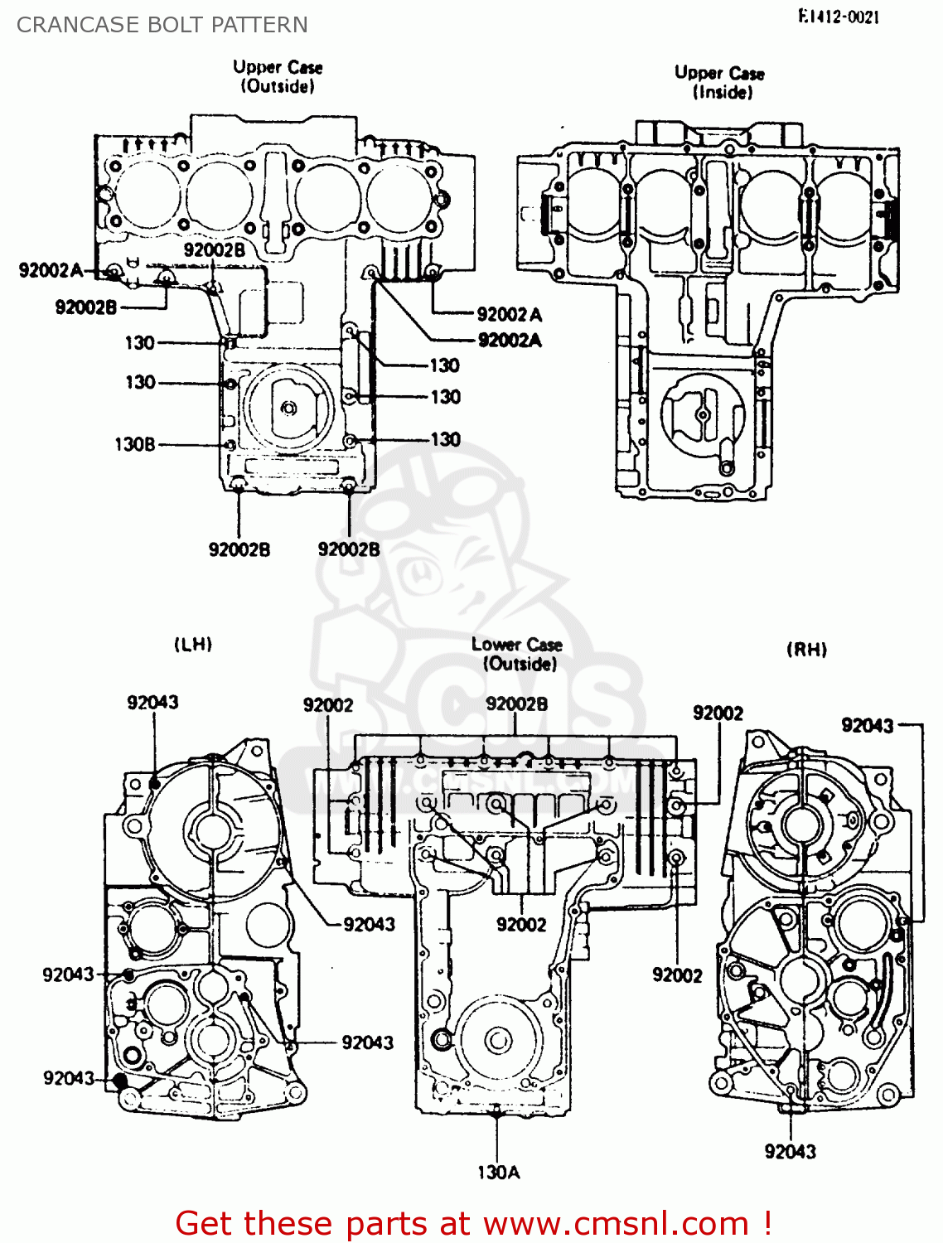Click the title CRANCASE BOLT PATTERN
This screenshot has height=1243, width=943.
click(162, 25)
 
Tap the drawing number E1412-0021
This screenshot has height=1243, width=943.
click(839, 17)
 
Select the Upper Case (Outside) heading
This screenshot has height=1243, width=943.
click(278, 76)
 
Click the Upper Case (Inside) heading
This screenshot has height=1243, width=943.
click(719, 82)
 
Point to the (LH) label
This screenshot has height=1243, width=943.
click(193, 644)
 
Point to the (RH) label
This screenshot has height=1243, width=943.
click(806, 650)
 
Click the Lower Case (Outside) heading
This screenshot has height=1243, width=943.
click(517, 654)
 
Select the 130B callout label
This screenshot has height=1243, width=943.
click(134, 445)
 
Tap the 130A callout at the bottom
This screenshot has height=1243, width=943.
click(498, 1172)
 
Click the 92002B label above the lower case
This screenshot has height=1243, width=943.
click(516, 704)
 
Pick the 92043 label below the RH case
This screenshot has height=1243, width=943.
click(790, 1151)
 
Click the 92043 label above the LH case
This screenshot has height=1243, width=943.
click(152, 703)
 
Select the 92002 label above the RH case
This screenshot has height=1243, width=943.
click(718, 713)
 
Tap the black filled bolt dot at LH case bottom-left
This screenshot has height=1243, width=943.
click(120, 1081)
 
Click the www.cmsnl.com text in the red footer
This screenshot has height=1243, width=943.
click(616, 1224)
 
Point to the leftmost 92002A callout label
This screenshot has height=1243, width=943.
click(51, 270)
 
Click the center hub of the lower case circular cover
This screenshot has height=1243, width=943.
click(498, 1039)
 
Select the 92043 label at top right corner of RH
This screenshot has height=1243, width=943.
click(867, 726)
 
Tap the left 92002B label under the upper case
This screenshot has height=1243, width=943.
click(239, 549)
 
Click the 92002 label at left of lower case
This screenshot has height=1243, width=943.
click(327, 705)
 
